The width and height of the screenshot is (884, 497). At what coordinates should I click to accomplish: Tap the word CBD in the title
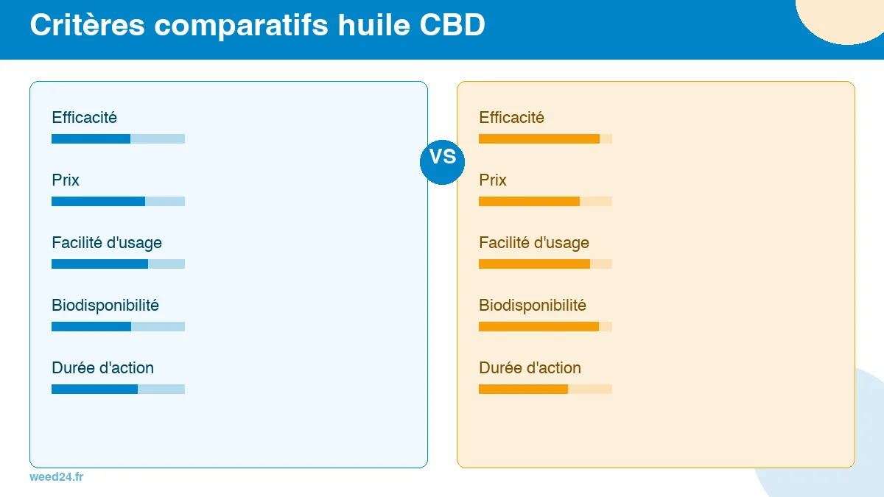[452, 25]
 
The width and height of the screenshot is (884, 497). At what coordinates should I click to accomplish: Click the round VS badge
[442, 158]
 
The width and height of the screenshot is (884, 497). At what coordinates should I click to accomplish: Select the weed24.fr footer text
[57, 477]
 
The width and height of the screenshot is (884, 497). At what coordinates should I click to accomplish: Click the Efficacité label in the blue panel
[85, 118]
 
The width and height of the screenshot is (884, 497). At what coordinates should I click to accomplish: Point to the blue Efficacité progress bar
[118, 138]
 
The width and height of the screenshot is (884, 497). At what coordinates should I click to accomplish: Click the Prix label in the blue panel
[66, 180]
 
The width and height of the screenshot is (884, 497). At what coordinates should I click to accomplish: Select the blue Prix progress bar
[118, 201]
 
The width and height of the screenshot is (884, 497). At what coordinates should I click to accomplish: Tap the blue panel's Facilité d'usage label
[107, 243]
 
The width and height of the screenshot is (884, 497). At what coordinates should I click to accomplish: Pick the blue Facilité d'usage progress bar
[118, 264]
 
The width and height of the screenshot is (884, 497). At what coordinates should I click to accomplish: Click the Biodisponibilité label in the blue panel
[105, 306]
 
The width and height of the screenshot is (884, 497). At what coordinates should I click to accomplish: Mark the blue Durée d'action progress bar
[118, 389]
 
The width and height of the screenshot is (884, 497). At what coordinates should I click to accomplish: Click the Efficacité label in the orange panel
[512, 118]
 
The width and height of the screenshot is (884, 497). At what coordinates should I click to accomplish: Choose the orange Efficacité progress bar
[545, 138]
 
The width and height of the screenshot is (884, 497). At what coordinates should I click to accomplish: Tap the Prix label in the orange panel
[493, 180]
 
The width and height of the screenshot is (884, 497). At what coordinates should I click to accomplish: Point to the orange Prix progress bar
[545, 201]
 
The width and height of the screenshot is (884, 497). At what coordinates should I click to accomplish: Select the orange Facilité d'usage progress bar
[545, 264]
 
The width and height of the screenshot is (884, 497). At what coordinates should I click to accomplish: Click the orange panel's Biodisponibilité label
[533, 306]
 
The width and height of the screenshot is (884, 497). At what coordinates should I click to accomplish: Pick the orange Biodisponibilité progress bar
[545, 326]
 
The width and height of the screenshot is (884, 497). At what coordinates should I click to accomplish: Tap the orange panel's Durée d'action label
[530, 368]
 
